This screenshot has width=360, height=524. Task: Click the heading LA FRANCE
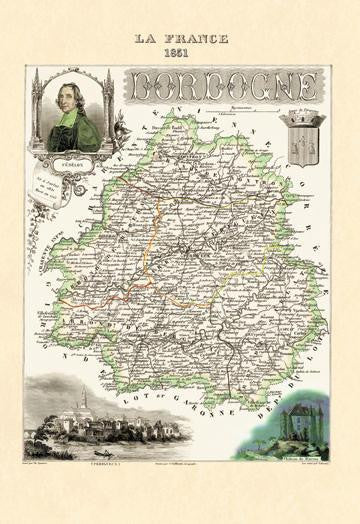[x=180, y=38]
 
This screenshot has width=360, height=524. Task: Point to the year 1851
[x=180, y=52]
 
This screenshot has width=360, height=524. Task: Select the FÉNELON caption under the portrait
[x=71, y=158]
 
